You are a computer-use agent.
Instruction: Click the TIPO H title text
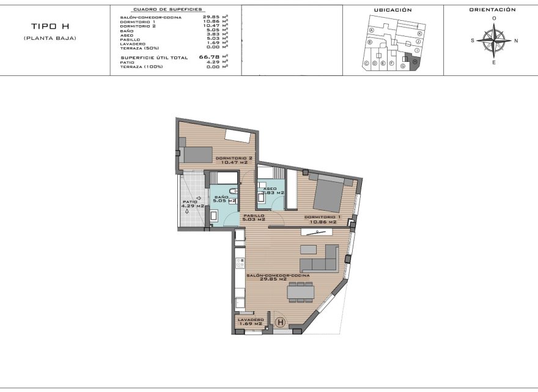click(50, 26)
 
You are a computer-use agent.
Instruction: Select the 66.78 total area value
click(209, 56)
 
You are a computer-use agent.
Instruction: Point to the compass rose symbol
click(493, 41)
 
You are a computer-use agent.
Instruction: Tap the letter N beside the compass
click(516, 41)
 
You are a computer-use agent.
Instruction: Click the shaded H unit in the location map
click(415, 61)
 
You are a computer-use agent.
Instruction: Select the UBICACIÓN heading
click(392, 10)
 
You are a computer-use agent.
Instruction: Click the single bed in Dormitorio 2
click(197, 154)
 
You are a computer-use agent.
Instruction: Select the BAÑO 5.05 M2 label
click(224, 198)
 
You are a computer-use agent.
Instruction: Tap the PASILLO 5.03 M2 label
click(253, 217)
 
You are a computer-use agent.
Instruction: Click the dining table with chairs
click(301, 292)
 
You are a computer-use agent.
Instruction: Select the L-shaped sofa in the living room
click(320, 260)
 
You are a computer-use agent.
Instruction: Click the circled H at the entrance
click(281, 322)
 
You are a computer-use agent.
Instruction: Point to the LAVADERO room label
click(251, 321)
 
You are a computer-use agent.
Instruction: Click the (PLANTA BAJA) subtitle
click(50, 38)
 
